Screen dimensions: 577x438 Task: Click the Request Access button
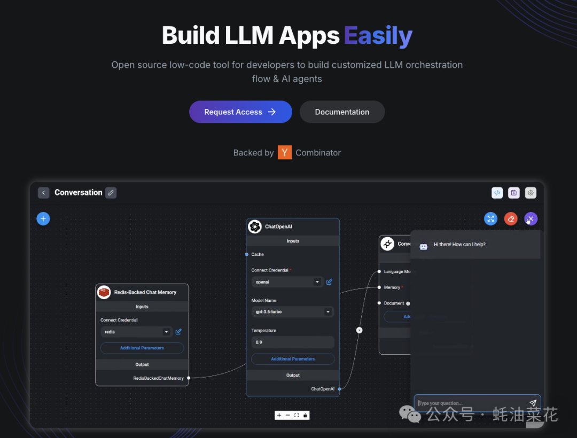coord(240,112)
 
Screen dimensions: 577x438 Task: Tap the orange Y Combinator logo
coord(285,153)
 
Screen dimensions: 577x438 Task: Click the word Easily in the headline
coord(378,36)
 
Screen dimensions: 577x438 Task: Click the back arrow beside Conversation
coord(44,193)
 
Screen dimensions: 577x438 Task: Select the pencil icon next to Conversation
coord(111,193)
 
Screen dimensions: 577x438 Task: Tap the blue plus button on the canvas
coord(43,218)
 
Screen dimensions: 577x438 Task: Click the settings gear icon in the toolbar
coord(531,193)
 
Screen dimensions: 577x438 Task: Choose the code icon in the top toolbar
coord(497,193)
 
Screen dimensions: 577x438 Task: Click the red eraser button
coord(511,218)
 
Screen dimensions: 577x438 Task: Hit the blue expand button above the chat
coord(490,218)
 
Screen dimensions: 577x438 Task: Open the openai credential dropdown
coord(287,281)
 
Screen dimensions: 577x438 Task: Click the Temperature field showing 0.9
coord(293,342)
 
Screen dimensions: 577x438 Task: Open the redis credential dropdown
coord(136,332)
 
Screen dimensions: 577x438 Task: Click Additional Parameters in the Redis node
coord(142,348)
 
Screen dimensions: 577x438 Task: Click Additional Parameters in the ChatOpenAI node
coord(293,359)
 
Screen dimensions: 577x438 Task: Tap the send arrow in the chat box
coord(533,403)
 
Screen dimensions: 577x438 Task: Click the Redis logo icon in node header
coord(104,292)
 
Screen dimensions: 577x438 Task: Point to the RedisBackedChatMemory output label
coord(158,378)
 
